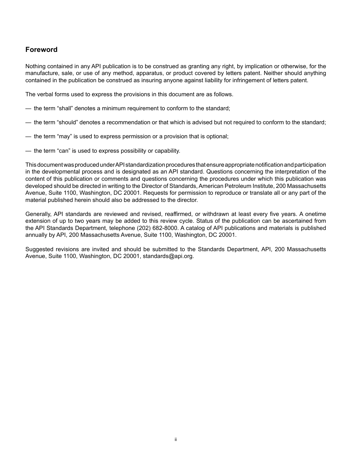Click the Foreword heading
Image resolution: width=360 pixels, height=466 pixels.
click(x=41, y=50)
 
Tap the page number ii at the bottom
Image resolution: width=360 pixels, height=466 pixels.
click(x=176, y=439)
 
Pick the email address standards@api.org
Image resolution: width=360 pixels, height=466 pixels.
click(x=168, y=256)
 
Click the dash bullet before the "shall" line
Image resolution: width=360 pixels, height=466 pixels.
click(x=28, y=108)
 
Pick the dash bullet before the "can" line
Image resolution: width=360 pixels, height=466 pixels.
click(x=28, y=151)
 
